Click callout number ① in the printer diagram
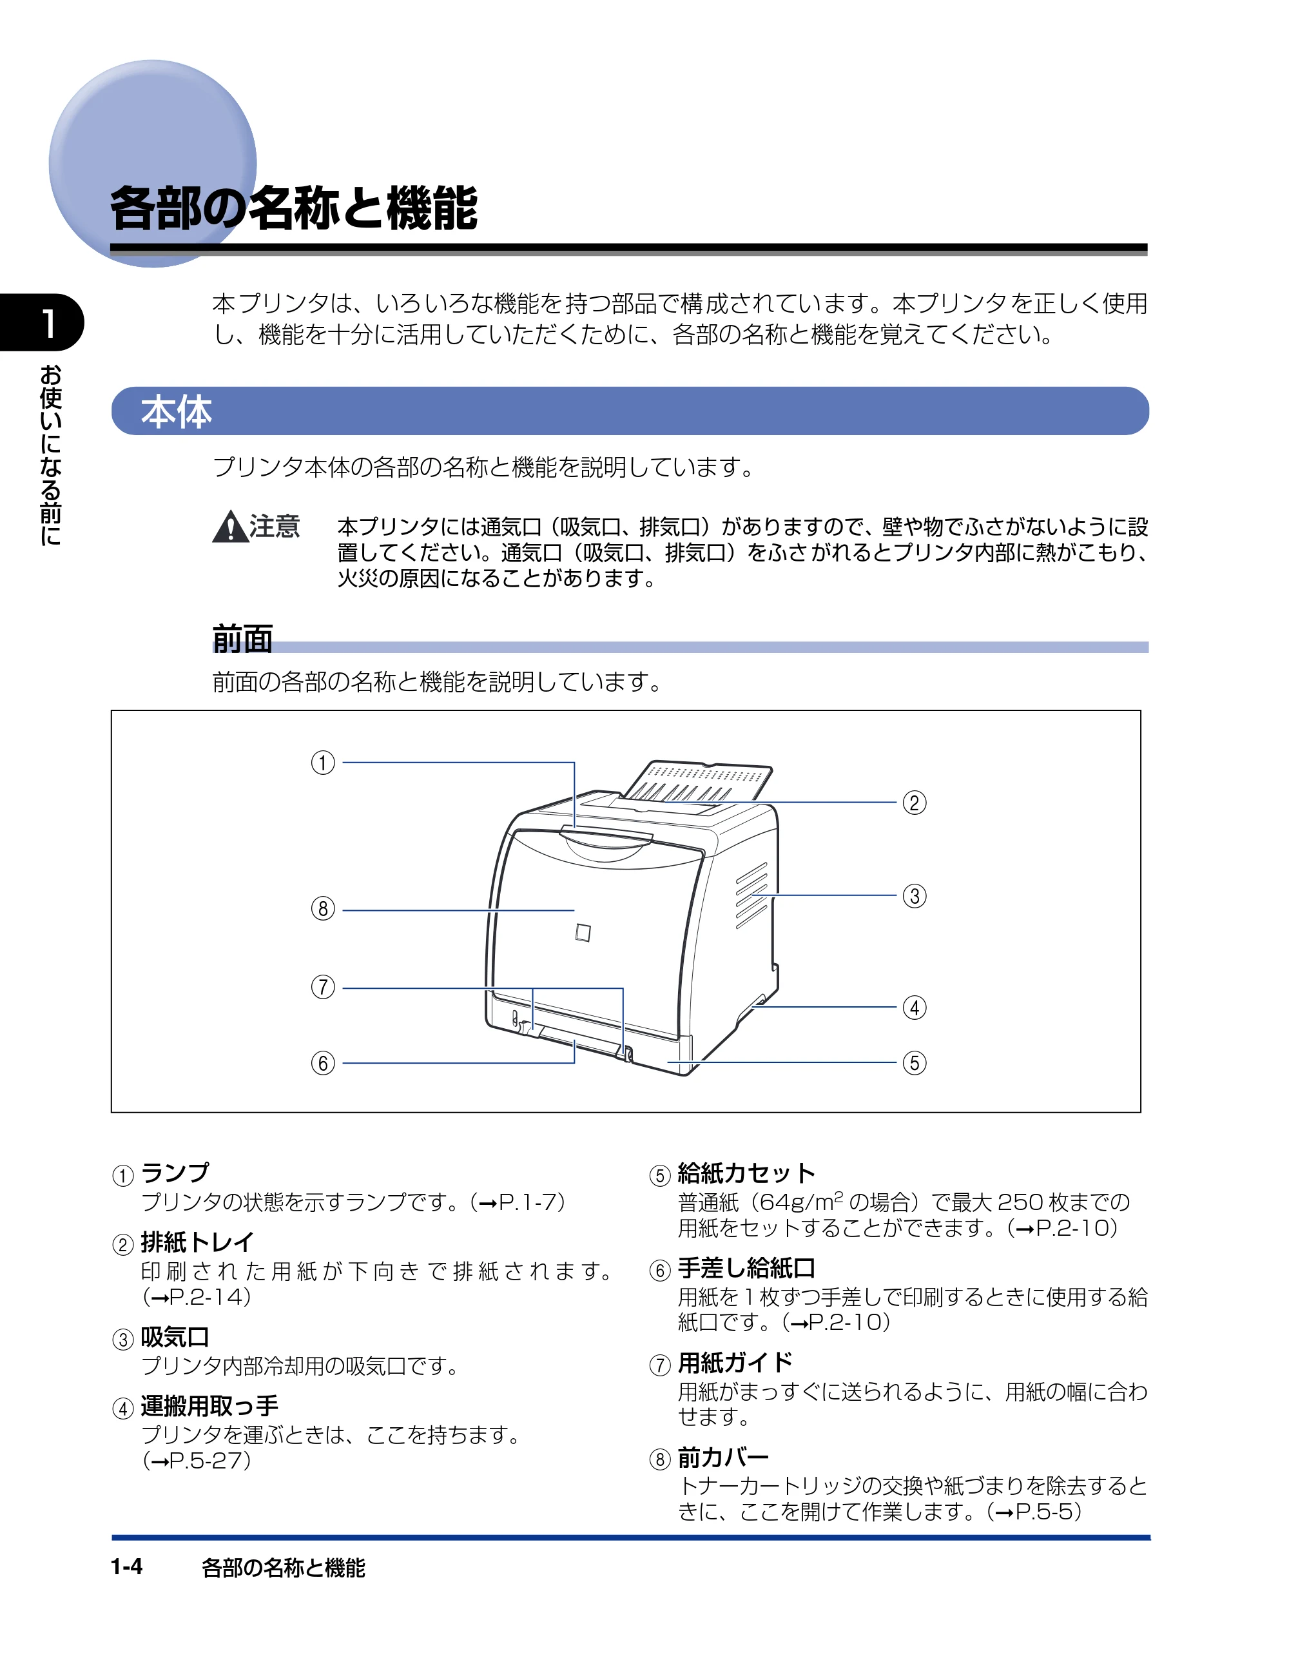pyautogui.click(x=323, y=762)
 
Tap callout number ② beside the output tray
pyautogui.click(x=914, y=803)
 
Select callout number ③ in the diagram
pyautogui.click(x=914, y=896)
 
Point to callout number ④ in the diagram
pyautogui.click(x=914, y=1008)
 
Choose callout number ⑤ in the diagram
pyautogui.click(x=914, y=1063)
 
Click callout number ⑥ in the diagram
pyautogui.click(x=323, y=1063)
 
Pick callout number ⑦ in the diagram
pyautogui.click(x=323, y=987)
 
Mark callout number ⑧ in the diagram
pyautogui.click(x=323, y=909)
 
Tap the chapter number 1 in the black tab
pyautogui.click(x=47, y=324)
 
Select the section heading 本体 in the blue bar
pyautogui.click(x=176, y=411)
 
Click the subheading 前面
pyautogui.click(x=242, y=638)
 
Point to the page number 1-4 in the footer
pyautogui.click(x=127, y=1567)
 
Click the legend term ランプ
pyautogui.click(x=175, y=1173)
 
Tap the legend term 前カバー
pyautogui.click(x=723, y=1458)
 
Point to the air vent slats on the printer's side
pyautogui.click(x=751, y=896)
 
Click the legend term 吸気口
pyautogui.click(x=175, y=1337)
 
